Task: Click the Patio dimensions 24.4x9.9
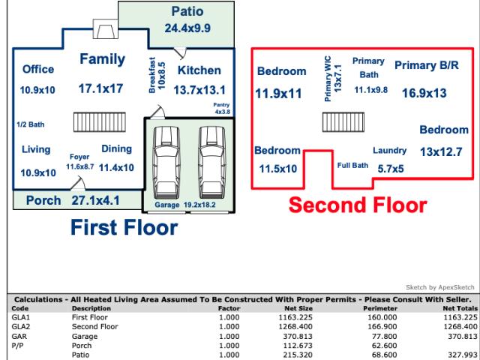coord(187,28)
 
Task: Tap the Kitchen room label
coord(199,70)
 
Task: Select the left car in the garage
coord(166,163)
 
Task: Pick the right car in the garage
coord(211,163)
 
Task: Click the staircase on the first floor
coord(100,122)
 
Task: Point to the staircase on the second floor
coord(343,122)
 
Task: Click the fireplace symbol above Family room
coord(105,28)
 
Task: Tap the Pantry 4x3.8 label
coord(222,108)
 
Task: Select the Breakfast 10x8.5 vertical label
coord(157,75)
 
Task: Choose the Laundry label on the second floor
coord(389,150)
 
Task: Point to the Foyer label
coord(79,157)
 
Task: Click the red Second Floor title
coord(358,205)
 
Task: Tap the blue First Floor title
coord(124,227)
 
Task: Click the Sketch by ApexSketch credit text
coord(440,287)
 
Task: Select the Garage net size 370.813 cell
coord(298,336)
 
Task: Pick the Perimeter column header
coord(380,308)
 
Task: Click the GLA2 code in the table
coord(20,327)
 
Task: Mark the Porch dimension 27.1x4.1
coord(95,200)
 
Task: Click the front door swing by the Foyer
coord(78,183)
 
